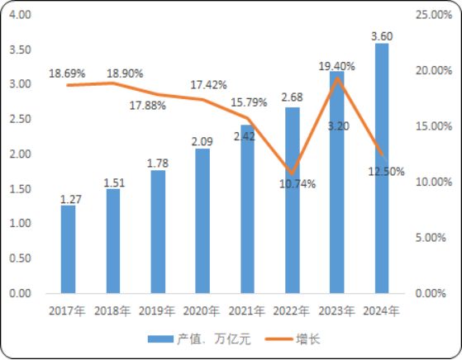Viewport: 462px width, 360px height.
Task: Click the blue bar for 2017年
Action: coord(68,249)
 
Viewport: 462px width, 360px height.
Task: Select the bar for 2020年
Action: coord(202,220)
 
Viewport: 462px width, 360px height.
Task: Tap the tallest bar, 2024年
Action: coord(382,169)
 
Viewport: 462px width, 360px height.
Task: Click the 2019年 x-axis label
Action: coord(158,311)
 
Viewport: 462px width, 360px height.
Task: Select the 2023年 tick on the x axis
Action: coord(337,311)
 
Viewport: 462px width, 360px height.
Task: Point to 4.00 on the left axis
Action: coord(19,15)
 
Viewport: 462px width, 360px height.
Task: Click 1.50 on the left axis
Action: coord(19,189)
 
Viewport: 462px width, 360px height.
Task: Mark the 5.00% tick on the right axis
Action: coord(432,238)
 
